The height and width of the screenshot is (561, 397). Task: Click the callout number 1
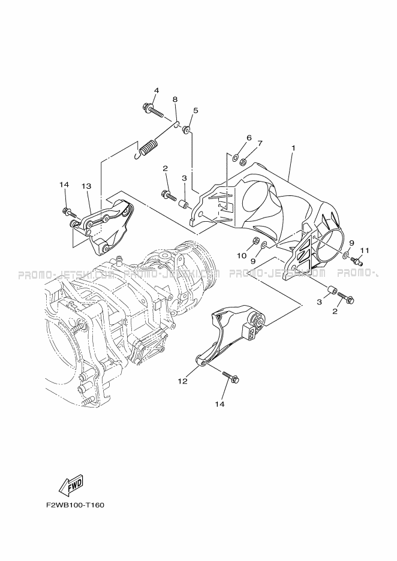294,147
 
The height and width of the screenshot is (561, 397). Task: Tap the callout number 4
156,91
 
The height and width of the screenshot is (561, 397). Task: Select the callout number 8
175,99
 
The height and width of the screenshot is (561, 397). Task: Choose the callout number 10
242,256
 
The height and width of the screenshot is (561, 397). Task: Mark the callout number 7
260,144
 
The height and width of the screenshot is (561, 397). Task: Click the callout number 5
196,110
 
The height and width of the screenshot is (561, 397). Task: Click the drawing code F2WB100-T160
75,505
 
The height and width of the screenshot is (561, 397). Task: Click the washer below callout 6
237,159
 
